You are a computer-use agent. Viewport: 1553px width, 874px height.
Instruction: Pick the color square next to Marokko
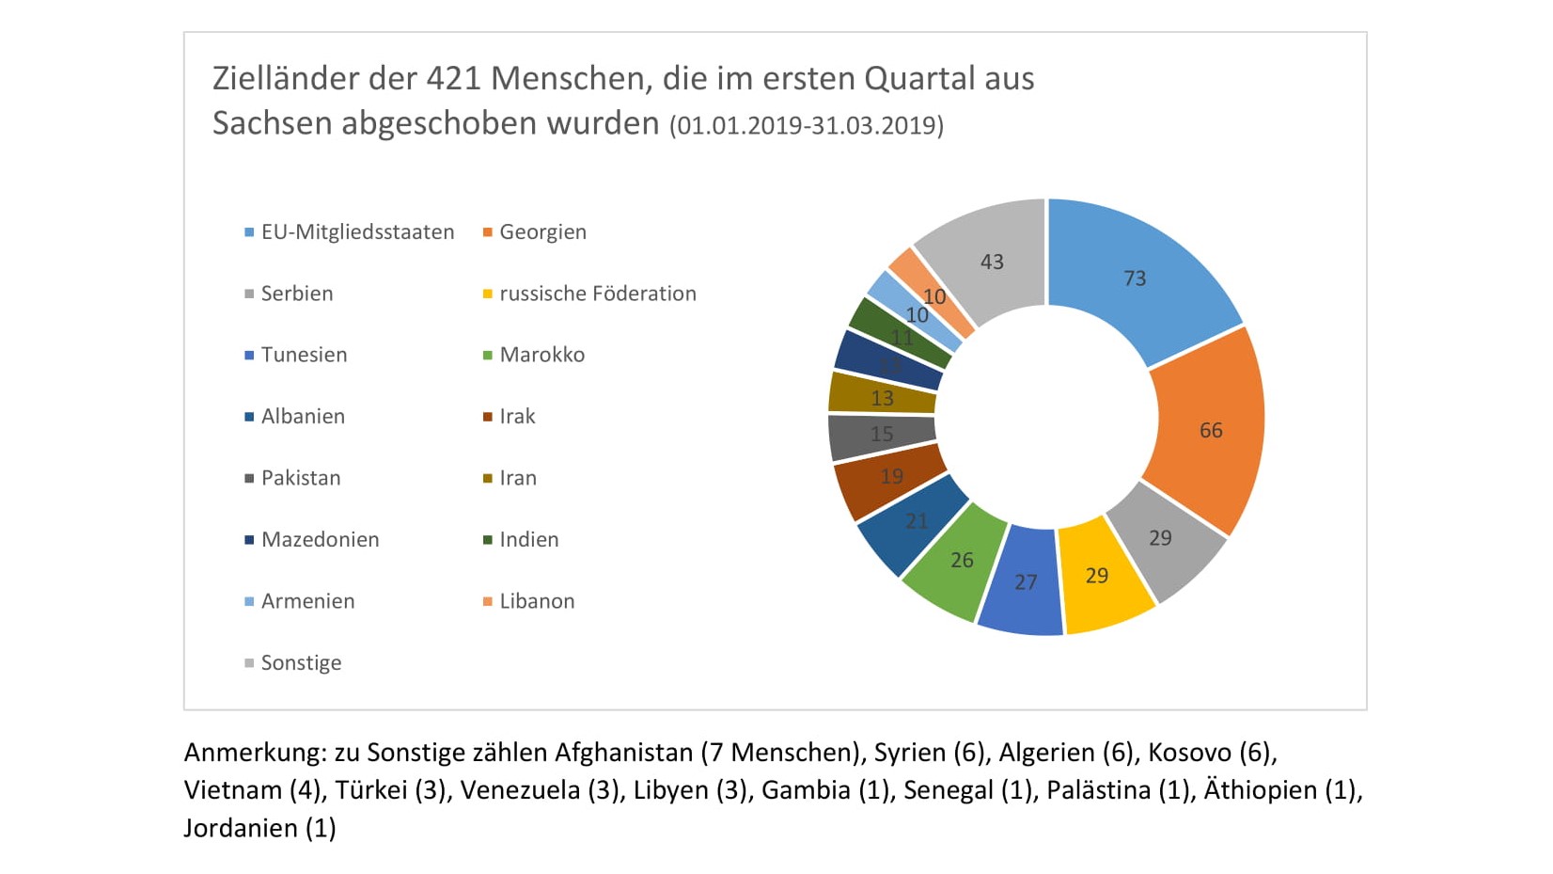click(488, 356)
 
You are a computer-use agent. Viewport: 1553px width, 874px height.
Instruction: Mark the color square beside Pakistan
click(249, 479)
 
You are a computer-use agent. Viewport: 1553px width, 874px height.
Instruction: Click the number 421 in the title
click(454, 78)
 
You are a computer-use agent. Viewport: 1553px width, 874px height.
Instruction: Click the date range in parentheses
click(807, 126)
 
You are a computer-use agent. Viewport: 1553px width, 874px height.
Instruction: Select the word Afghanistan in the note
click(623, 753)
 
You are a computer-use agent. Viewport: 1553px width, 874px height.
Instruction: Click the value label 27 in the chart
click(1026, 582)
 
